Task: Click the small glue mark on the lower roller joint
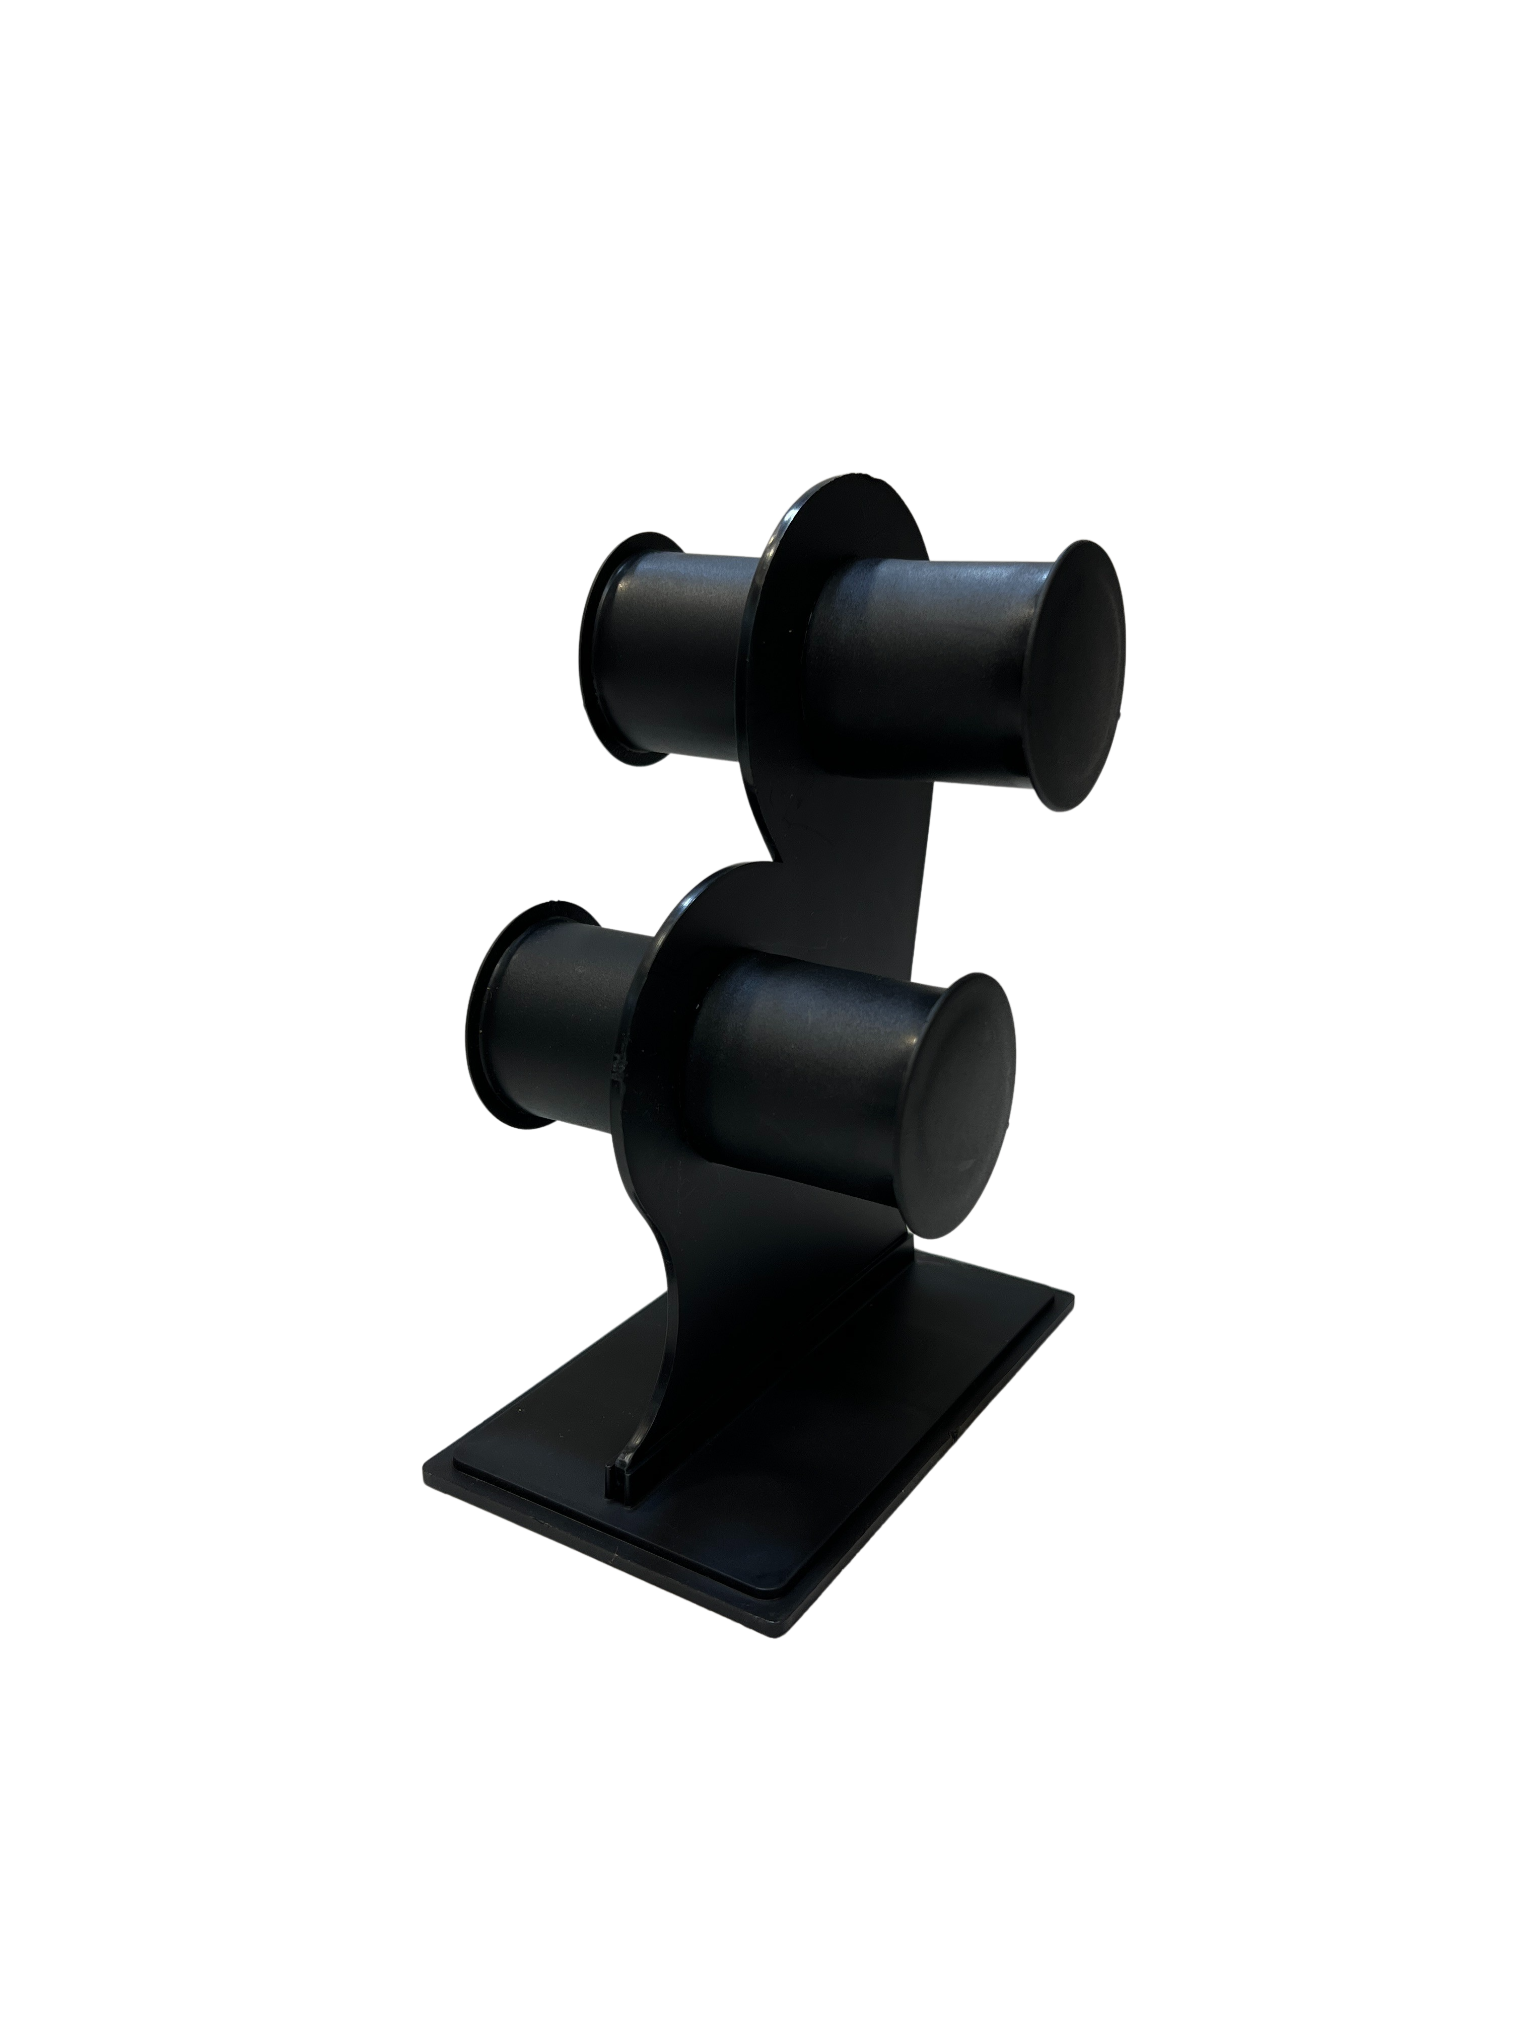[x=617, y=1064]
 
